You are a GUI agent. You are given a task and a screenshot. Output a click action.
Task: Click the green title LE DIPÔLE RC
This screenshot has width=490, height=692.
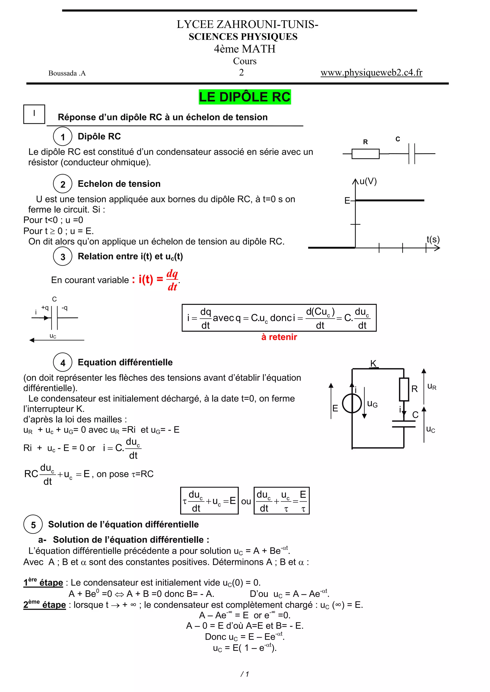pyautogui.click(x=245, y=97)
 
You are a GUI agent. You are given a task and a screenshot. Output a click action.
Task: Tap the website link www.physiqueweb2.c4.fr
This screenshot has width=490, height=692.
pyautogui.click(x=371, y=73)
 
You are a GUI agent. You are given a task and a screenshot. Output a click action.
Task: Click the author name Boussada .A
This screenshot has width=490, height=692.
pyautogui.click(x=67, y=73)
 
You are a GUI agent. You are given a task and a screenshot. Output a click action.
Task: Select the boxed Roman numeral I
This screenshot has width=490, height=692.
pyautogui.click(x=34, y=114)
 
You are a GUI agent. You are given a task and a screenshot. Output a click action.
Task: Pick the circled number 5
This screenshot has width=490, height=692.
pyautogui.click(x=33, y=525)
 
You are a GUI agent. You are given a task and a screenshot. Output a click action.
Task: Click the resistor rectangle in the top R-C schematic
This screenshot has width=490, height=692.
pyautogui.click(x=365, y=154)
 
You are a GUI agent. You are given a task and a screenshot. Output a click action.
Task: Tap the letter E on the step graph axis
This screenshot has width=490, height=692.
pyautogui.click(x=347, y=200)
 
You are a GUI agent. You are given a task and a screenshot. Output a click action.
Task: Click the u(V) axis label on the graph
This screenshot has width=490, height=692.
pyautogui.click(x=368, y=181)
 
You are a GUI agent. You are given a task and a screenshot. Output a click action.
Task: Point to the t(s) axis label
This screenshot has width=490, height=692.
pyautogui.click(x=433, y=239)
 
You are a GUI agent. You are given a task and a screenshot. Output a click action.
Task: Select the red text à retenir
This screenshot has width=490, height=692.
pyautogui.click(x=279, y=337)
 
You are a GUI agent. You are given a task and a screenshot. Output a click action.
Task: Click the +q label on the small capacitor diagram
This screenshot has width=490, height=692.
pyautogui.click(x=45, y=308)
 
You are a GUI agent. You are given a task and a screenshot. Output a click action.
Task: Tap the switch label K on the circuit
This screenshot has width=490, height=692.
pyautogui.click(x=373, y=363)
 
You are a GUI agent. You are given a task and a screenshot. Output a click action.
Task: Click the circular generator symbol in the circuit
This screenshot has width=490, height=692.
pyautogui.click(x=352, y=403)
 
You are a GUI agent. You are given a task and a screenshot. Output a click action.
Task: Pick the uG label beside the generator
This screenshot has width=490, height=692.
pyautogui.click(x=372, y=404)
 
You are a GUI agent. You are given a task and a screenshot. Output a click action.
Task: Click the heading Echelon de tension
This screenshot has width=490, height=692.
pyautogui.click(x=119, y=184)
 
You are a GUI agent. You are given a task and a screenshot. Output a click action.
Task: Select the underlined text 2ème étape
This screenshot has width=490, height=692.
pyautogui.click(x=45, y=604)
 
